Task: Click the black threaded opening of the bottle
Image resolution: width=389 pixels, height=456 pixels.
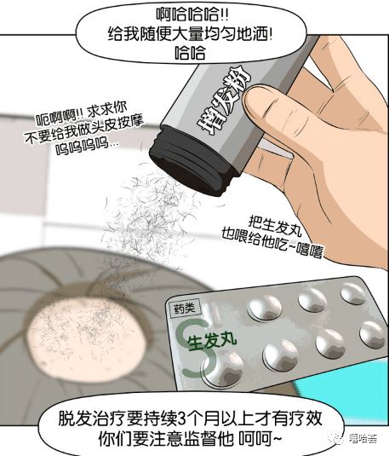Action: point(190,162)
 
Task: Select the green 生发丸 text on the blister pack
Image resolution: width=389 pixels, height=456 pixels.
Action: point(212,341)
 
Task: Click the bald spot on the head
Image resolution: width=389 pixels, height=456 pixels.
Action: point(86,337)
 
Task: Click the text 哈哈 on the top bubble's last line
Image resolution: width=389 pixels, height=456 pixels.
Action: point(190,53)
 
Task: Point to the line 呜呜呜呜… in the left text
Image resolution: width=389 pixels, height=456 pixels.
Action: point(87,147)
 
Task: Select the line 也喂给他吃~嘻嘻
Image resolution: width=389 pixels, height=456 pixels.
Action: point(272,245)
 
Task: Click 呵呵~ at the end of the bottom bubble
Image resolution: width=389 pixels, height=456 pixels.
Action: point(260,439)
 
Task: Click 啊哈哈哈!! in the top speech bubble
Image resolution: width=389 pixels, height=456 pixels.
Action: point(192,14)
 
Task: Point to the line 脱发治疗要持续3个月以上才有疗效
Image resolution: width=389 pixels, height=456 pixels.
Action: point(191,418)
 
